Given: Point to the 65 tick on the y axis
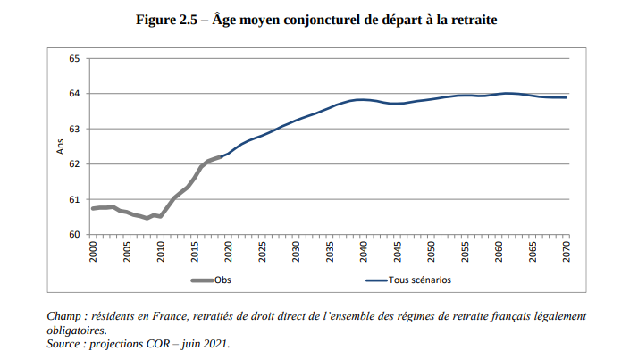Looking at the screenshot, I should pyautogui.click(x=74, y=59).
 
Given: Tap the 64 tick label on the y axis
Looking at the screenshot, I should pyautogui.click(x=74, y=94).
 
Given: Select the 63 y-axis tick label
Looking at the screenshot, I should pyautogui.click(x=74, y=130).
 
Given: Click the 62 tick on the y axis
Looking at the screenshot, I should pyautogui.click(x=74, y=164).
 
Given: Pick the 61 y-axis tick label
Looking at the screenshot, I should pyautogui.click(x=74, y=199).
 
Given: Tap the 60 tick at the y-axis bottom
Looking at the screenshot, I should pyautogui.click(x=74, y=235).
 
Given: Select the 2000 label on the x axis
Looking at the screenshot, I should pyautogui.click(x=93, y=251).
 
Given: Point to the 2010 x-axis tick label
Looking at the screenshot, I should pyautogui.click(x=161, y=251).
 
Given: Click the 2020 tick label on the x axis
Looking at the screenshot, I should pyautogui.click(x=229, y=251).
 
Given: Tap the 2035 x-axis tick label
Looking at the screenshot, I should pyautogui.click(x=331, y=251).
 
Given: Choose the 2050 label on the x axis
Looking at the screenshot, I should pyautogui.click(x=432, y=251).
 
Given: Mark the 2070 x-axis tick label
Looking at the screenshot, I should pyautogui.click(x=567, y=251).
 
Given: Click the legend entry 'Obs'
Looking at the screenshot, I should pyautogui.click(x=222, y=280).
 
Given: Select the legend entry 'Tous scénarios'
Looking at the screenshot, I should pyautogui.click(x=419, y=280).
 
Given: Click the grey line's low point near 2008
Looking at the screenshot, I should pyautogui.click(x=147, y=218).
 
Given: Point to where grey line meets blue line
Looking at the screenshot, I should pyautogui.click(x=222, y=156).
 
